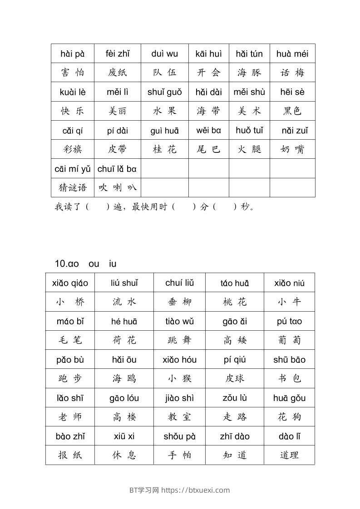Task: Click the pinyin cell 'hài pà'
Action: pos(73,54)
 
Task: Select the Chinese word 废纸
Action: pos(118,73)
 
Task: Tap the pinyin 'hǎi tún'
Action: pos(249,54)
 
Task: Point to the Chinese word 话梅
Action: pos(292,73)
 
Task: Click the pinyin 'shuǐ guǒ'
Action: pos(164,92)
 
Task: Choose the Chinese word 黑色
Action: pos(292,111)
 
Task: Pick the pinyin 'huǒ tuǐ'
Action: pos(249,131)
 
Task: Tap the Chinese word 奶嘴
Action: pos(292,149)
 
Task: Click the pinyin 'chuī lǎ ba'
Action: pos(117,169)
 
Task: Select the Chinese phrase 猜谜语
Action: pos(73,187)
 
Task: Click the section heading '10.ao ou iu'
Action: pos(85,264)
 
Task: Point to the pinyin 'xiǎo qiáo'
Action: pos(70,284)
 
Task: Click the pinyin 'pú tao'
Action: pos(289,322)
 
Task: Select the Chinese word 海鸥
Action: pos(124,378)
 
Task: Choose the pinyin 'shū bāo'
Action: pos(289,360)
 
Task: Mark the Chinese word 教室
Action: pos(179,417)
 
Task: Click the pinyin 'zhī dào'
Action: pos(235,436)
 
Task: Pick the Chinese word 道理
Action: pos(289,455)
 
